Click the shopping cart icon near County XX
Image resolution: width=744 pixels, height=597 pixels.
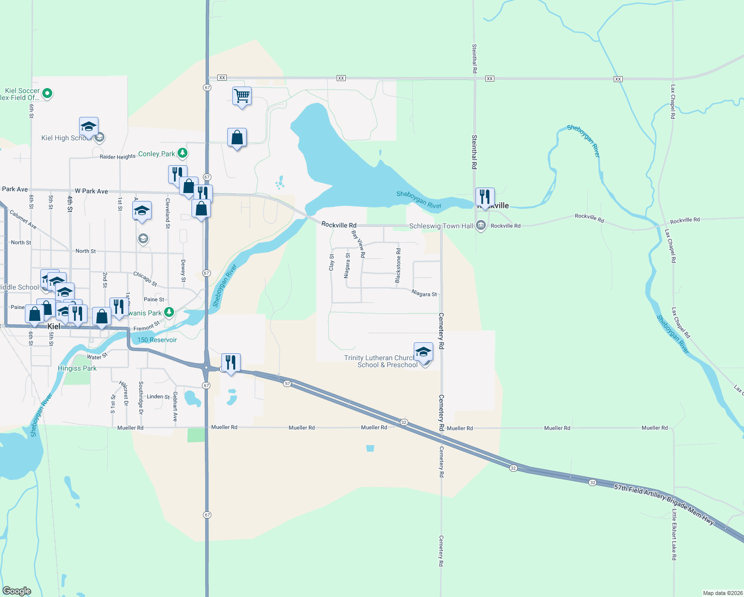click(x=242, y=95)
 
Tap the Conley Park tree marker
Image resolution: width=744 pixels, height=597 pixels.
click(x=183, y=153)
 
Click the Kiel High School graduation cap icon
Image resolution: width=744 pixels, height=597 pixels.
click(x=89, y=127)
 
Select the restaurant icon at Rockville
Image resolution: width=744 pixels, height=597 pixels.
click(x=484, y=197)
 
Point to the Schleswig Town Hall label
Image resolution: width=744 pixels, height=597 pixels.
click(x=441, y=226)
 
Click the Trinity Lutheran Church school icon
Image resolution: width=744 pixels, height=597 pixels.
click(x=423, y=352)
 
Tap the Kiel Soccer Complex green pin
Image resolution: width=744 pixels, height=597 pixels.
click(x=47, y=93)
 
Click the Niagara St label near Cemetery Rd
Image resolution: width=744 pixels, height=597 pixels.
click(x=424, y=294)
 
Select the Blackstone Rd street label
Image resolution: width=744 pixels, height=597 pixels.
click(x=398, y=266)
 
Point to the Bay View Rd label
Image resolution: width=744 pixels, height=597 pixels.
click(x=359, y=244)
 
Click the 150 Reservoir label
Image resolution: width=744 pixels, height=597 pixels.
click(x=157, y=340)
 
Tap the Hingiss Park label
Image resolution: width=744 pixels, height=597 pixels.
click(x=77, y=368)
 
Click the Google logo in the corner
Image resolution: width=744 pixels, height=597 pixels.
click(x=16, y=591)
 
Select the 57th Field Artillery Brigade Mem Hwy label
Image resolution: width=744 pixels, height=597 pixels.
click(x=664, y=504)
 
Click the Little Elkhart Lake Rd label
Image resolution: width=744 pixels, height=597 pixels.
click(x=674, y=534)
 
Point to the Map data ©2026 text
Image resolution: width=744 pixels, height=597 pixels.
click(x=722, y=593)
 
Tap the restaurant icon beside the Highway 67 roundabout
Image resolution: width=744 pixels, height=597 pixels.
click(x=231, y=363)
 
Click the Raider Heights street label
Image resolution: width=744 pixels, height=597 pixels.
click(x=117, y=157)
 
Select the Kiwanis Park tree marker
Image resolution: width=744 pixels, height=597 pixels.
click(x=169, y=312)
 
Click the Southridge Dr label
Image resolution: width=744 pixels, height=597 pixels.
click(x=141, y=398)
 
